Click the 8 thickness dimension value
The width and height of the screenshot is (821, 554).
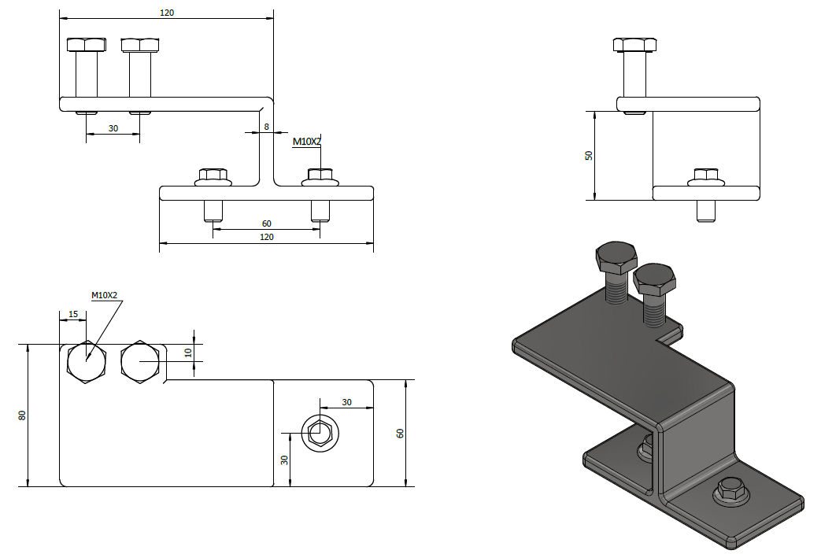click(268, 126)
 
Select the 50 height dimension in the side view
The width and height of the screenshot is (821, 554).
click(589, 155)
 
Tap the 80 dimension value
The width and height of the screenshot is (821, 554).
click(23, 415)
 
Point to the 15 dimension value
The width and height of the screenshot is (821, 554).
click(73, 315)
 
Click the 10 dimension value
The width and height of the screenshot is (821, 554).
click(188, 352)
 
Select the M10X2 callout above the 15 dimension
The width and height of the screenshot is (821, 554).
click(104, 295)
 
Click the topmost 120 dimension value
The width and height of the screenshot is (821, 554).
click(167, 13)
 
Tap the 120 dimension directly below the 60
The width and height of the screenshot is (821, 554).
click(266, 236)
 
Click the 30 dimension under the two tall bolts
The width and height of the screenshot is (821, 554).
click(113, 128)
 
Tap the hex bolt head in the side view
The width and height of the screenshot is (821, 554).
click(634, 44)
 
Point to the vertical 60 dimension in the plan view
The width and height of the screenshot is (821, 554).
click(400, 433)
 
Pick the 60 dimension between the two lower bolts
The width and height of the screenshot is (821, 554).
click(267, 223)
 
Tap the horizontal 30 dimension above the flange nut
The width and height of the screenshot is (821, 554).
click(347, 402)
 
